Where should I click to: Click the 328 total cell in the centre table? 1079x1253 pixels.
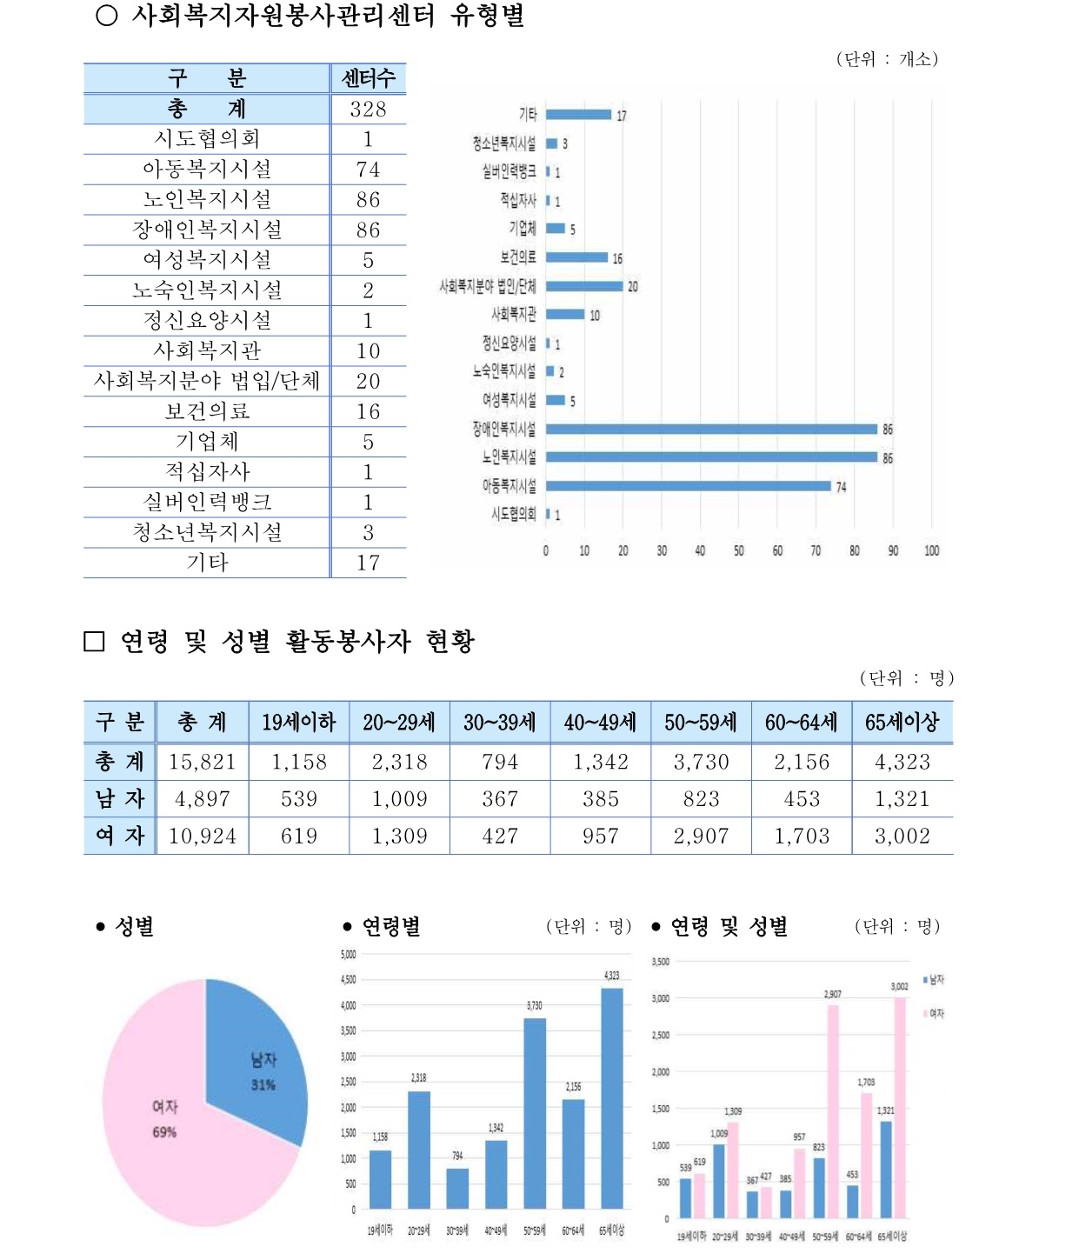[x=368, y=110]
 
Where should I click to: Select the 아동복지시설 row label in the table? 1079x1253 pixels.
[x=207, y=170]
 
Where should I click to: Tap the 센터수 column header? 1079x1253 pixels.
[x=368, y=78]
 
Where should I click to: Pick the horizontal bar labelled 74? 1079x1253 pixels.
[x=688, y=486]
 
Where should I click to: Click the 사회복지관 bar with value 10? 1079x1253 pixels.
[x=565, y=314]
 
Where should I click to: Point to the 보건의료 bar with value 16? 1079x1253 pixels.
[x=576, y=257]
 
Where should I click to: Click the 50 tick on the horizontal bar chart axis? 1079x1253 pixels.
[x=738, y=550]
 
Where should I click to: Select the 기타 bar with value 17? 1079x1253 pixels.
[x=578, y=115]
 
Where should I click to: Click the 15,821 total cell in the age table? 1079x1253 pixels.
[x=202, y=763]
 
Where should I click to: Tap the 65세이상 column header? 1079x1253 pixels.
[x=902, y=723]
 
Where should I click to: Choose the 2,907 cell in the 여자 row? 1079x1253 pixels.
[x=701, y=836]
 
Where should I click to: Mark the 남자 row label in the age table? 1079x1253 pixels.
[x=119, y=799]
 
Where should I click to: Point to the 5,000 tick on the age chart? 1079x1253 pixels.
[x=348, y=955]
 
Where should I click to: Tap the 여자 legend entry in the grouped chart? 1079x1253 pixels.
[x=934, y=1014]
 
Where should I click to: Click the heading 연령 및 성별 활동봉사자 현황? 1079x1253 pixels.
[x=297, y=642]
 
